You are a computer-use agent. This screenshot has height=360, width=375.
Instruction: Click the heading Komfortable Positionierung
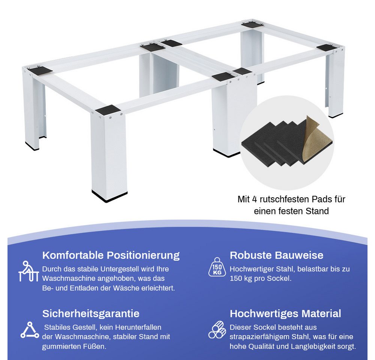click(111, 255)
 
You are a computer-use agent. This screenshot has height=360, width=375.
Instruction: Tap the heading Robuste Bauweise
click(276, 255)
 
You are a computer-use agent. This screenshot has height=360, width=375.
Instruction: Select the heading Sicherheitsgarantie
click(91, 313)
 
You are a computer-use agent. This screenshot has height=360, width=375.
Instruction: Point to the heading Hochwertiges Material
click(285, 313)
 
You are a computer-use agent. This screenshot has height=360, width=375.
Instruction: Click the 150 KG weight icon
click(217, 267)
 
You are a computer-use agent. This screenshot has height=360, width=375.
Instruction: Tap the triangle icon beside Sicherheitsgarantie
click(30, 330)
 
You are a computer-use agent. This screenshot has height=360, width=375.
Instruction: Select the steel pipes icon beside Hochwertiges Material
click(217, 330)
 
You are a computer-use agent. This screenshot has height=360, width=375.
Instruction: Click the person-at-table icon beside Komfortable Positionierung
click(28, 271)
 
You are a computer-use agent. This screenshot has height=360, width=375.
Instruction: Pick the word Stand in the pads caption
click(317, 211)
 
